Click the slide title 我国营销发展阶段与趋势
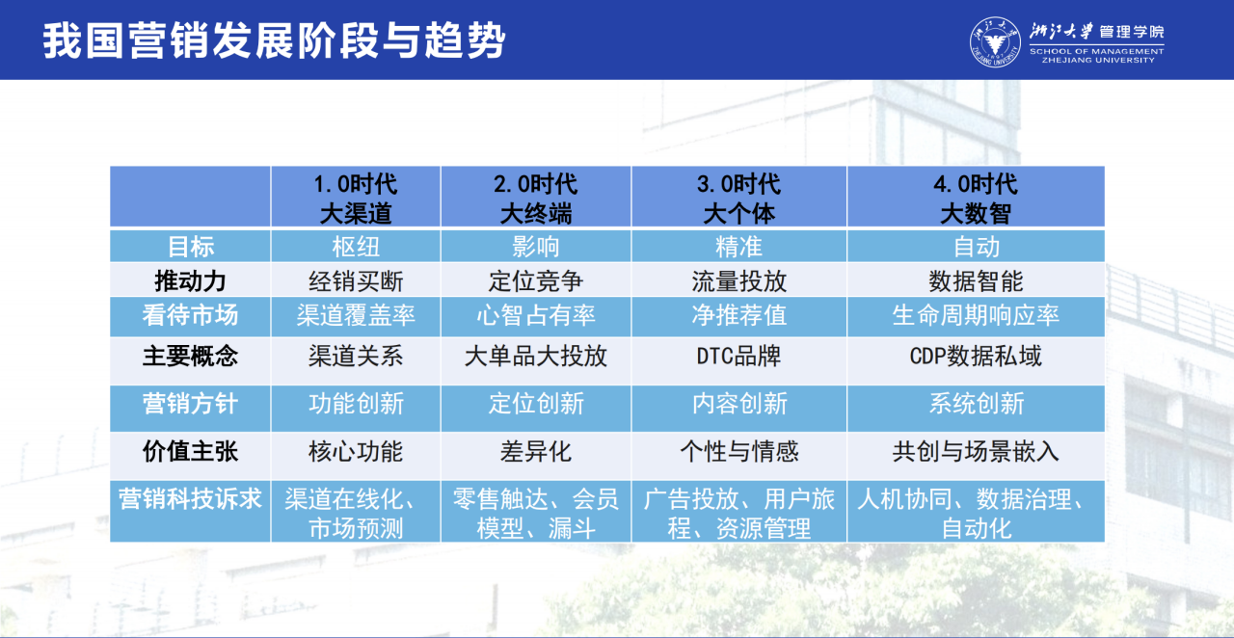click(274, 40)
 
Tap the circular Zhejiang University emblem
click(995, 41)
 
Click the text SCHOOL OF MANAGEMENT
click(1097, 51)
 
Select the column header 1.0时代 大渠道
click(356, 198)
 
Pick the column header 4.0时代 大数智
click(976, 198)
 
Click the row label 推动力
click(190, 281)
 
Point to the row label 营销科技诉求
click(190, 499)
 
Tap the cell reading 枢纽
click(356, 247)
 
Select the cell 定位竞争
click(535, 281)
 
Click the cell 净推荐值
click(738, 315)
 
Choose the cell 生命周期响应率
click(976, 315)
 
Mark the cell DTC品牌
click(738, 356)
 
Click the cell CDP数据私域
click(976, 356)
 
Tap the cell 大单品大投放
click(535, 356)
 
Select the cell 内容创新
click(738, 403)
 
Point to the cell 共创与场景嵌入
click(976, 451)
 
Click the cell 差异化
click(535, 451)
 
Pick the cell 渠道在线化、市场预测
click(356, 514)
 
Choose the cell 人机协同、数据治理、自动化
click(976, 514)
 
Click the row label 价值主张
click(190, 451)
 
